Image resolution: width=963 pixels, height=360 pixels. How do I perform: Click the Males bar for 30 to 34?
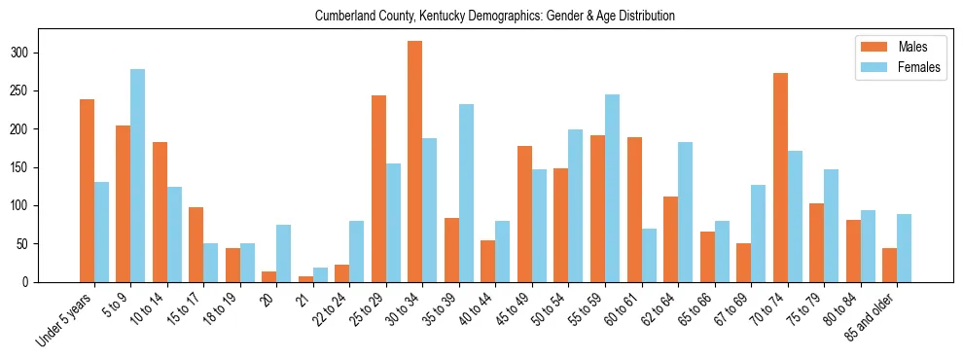coord(415,162)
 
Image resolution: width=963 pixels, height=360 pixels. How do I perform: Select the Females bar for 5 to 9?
coord(138,176)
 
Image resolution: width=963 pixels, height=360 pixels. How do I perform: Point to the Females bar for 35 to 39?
coord(467,194)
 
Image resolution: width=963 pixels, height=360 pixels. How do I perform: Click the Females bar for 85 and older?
coord(904,248)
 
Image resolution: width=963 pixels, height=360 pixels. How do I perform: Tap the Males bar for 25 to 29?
coord(379,189)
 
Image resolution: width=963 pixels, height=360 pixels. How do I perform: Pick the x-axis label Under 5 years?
coord(65,319)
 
